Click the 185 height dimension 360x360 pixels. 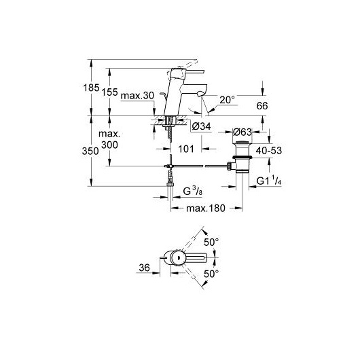[91, 88]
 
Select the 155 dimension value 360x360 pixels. [109, 92]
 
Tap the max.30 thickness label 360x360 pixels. [137, 96]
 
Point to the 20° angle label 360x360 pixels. [228, 100]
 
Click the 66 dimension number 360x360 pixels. [262, 106]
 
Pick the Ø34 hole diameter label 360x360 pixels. [201, 126]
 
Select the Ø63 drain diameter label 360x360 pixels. [242, 132]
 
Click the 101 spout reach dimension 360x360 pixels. [186, 149]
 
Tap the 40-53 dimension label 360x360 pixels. [269, 151]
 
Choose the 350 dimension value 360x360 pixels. [90, 151]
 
